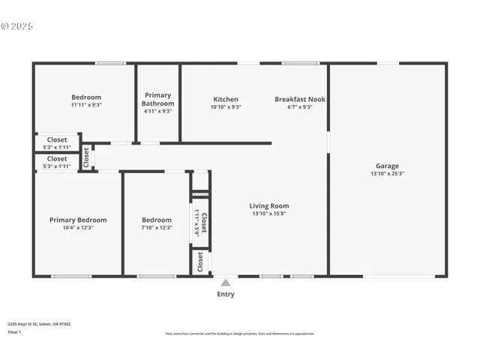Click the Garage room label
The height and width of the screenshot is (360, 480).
[387, 166]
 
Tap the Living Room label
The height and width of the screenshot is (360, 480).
[269, 205]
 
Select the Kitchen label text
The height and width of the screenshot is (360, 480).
[226, 99]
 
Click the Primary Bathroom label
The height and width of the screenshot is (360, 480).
[157, 99]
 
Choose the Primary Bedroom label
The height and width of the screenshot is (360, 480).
[78, 220]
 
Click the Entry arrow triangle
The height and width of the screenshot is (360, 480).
[226, 283]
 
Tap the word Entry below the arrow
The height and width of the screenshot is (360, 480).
[226, 295]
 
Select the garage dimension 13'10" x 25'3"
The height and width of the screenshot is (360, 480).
[387, 174]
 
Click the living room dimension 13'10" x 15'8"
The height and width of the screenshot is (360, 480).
[269, 214]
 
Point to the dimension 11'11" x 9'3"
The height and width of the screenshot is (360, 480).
[86, 105]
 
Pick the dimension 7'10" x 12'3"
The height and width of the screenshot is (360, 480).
[157, 228]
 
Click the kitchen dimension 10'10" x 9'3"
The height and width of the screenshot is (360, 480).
[226, 107]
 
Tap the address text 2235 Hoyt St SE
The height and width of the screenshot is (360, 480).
[39, 324]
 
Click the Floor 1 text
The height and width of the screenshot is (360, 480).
[13, 331]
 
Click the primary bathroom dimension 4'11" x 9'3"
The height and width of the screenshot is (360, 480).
[157, 111]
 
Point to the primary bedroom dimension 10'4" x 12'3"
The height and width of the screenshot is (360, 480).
[78, 228]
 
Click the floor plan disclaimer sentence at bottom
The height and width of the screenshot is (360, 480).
[240, 334]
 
